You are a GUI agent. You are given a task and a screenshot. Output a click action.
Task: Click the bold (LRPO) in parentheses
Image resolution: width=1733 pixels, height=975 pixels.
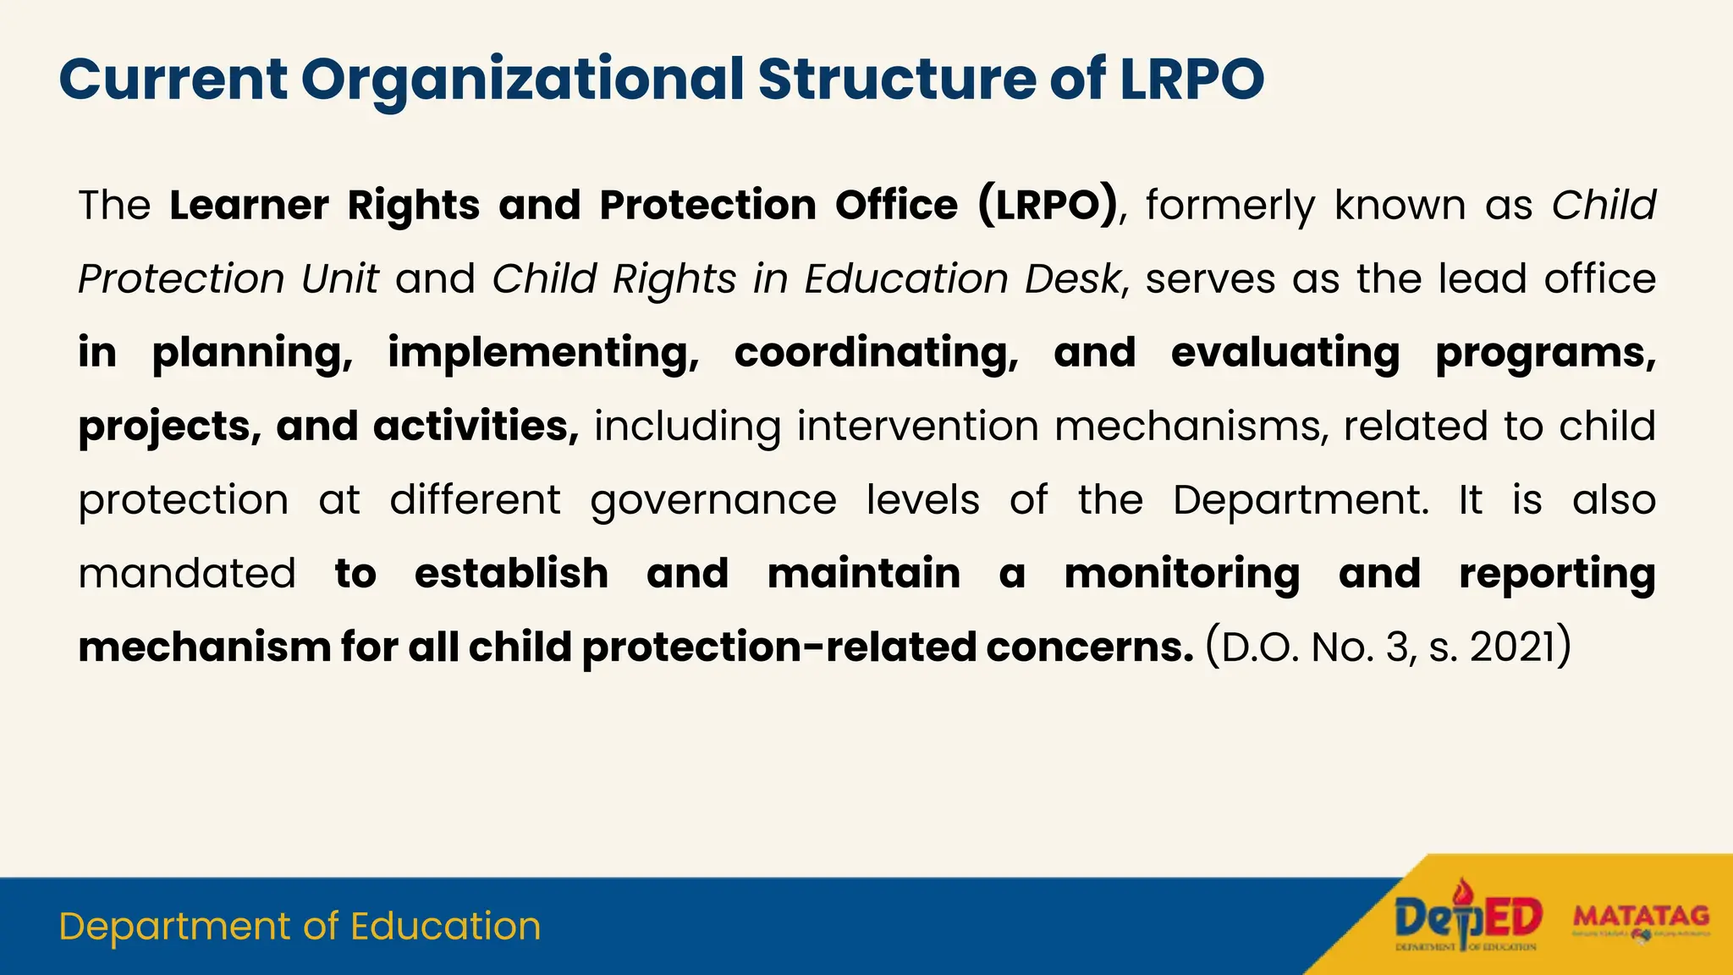point(1048,206)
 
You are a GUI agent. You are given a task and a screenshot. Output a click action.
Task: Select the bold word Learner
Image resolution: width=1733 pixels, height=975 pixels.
point(249,206)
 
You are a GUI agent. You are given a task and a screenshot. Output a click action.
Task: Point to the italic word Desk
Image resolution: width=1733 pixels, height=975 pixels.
point(1073,279)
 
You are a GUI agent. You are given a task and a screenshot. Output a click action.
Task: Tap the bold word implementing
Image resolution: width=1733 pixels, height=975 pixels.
point(543,353)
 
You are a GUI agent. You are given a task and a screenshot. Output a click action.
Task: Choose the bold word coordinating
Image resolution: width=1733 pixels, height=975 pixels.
point(877,353)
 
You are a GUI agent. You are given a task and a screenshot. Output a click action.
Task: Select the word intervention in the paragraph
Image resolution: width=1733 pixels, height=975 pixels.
point(917,427)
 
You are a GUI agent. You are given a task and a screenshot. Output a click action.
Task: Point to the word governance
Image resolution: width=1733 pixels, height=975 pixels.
point(713,500)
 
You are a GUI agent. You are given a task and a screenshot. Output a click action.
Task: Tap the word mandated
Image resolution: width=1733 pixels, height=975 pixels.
point(187,574)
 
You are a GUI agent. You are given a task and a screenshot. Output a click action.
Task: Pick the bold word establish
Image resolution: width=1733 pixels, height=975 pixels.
point(511,574)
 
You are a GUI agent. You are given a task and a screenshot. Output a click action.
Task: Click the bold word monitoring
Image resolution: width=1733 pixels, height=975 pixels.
point(1182,574)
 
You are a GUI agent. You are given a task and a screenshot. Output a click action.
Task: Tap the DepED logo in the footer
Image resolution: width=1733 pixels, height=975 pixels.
point(1468,918)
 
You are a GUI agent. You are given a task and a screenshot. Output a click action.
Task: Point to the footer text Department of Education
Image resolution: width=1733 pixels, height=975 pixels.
point(300,927)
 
